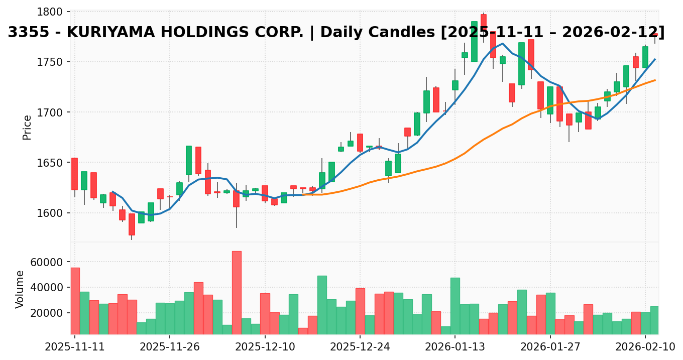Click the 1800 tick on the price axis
tap(52, 12)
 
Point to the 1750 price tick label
tap(52, 62)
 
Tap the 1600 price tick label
tap(52, 213)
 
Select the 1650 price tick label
tap(52, 163)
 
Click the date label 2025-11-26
tap(170, 347)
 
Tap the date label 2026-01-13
tap(454, 347)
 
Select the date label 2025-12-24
tap(360, 347)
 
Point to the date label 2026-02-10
tap(644, 347)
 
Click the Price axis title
tap(28, 127)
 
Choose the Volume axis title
tap(20, 289)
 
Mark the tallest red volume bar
tap(237, 292)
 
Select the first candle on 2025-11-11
tap(74, 174)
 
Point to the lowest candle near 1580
tap(132, 224)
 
